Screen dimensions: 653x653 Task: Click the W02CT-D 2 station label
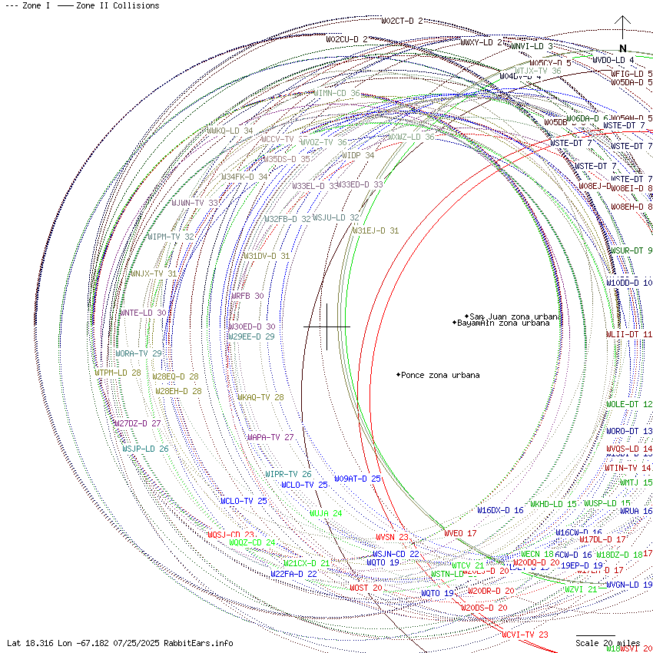402,21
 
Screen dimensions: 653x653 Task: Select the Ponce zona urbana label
439,375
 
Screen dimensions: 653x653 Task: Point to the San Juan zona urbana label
515,317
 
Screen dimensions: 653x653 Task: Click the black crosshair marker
326,326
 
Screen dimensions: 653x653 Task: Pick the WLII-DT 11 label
628,335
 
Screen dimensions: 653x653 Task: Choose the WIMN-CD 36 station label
336,93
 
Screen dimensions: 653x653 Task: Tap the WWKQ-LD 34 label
230,131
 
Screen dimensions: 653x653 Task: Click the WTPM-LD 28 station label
118,373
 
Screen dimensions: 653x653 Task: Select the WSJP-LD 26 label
145,449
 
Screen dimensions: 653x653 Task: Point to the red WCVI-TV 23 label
525,635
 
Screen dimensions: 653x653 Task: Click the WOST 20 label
366,588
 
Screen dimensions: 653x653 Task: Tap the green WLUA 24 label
326,513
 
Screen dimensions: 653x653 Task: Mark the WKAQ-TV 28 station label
260,398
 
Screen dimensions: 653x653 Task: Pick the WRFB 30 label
247,296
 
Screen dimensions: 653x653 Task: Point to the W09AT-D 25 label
357,479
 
